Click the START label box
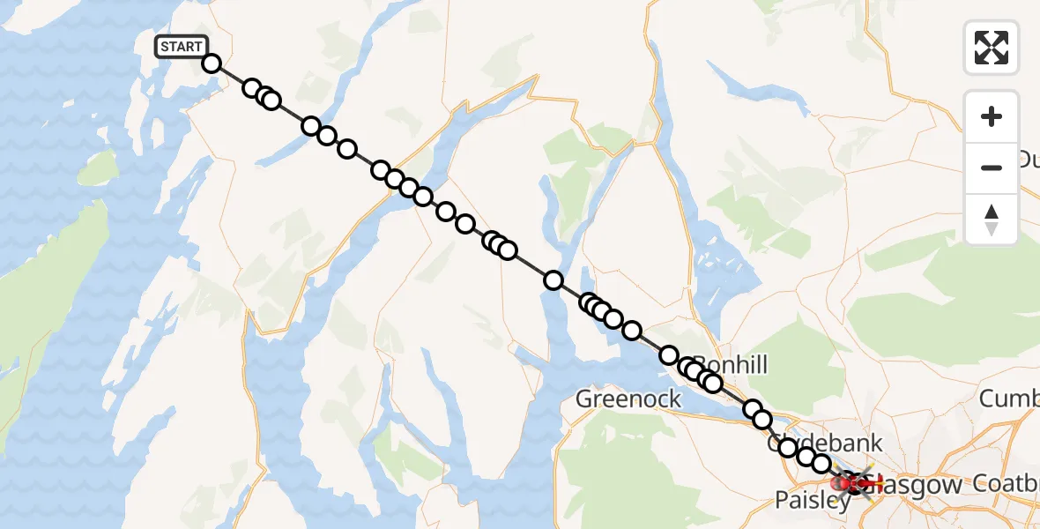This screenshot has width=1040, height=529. (182, 47)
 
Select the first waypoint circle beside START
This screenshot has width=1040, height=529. (212, 63)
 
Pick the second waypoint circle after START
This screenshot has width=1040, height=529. (252, 88)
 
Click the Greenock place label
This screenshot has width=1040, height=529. (628, 399)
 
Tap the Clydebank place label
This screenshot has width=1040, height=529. (825, 442)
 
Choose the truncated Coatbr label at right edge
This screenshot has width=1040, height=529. (1007, 483)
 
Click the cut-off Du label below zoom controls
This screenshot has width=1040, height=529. (1028, 160)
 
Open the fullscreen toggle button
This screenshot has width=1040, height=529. (992, 48)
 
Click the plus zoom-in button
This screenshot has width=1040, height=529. (992, 116)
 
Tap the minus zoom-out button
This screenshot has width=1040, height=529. (992, 168)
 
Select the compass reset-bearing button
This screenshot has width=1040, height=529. (992, 219)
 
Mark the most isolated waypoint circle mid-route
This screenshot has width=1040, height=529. (553, 280)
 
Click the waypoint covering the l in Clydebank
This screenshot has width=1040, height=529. (788, 448)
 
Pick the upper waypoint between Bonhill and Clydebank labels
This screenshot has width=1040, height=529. (753, 408)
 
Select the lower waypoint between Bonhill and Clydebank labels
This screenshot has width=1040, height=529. (762, 420)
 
